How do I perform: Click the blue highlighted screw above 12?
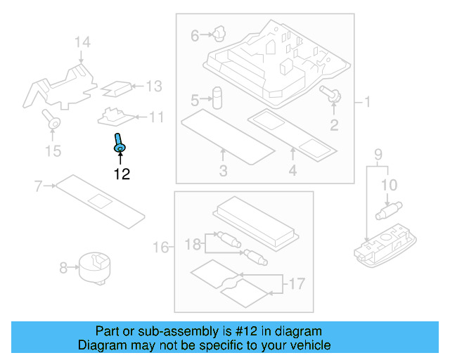tap(119, 142)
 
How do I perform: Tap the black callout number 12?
tap(122, 174)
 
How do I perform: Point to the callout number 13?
tap(153, 86)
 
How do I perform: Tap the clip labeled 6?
tap(217, 32)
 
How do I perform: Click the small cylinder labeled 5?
tap(218, 96)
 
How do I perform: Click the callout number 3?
tap(223, 170)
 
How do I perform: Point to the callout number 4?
tap(292, 170)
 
